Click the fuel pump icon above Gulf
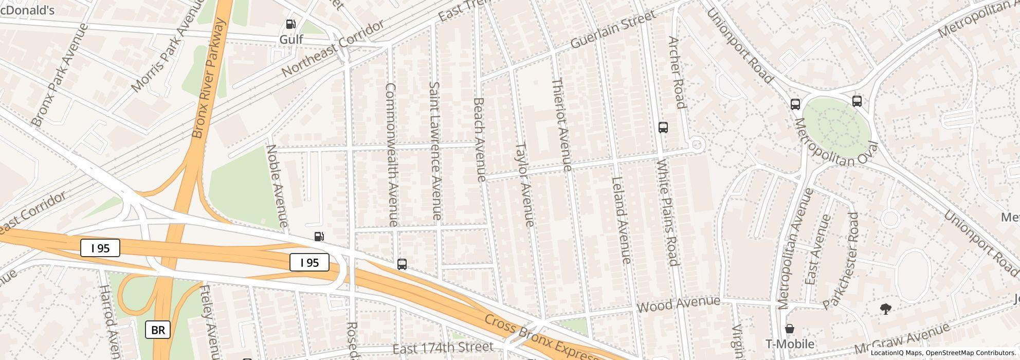[290, 24]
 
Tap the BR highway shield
[158, 330]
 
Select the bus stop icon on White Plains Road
[663, 128]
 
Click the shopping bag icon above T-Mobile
[790, 329]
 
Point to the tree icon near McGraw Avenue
[885, 309]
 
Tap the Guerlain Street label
[613, 30]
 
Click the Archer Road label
[677, 73]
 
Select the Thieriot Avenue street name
[561, 124]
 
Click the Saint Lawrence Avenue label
[435, 151]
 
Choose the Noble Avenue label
[277, 185]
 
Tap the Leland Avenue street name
[621, 220]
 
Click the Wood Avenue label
[678, 304]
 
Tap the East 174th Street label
[443, 348]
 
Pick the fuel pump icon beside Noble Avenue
[319, 237]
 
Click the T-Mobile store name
[790, 344]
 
